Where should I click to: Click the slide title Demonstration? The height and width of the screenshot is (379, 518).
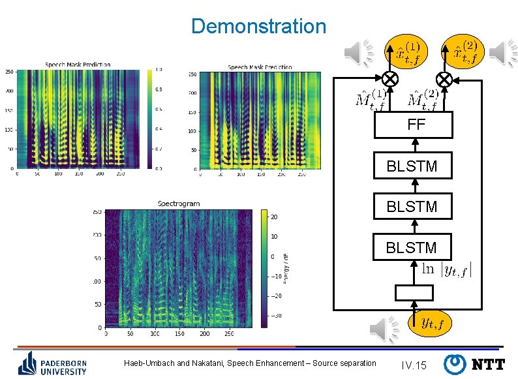[258, 26]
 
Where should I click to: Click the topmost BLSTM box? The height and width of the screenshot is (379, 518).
[413, 166]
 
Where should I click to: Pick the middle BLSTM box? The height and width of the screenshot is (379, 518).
[413, 207]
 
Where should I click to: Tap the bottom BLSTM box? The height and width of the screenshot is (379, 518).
[413, 247]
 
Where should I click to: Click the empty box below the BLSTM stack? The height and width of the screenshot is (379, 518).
[413, 294]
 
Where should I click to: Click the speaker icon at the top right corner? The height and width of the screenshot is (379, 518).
[503, 53]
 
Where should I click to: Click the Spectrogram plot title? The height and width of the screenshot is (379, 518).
[179, 204]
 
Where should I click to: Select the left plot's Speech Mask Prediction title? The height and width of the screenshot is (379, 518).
[78, 65]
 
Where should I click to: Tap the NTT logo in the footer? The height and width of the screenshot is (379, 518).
[475, 364]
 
